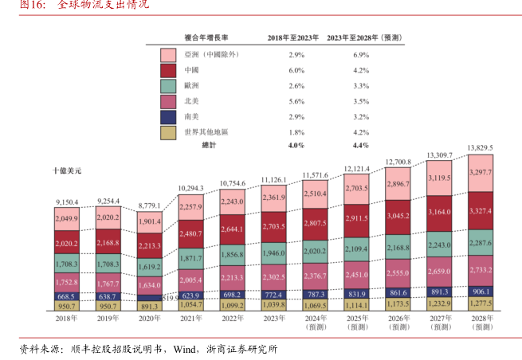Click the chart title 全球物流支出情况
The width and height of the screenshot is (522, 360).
[104, 6]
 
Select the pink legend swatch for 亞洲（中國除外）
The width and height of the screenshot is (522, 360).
[168, 54]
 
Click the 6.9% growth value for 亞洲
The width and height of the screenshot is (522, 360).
[360, 54]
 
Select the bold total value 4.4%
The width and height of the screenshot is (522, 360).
[360, 145]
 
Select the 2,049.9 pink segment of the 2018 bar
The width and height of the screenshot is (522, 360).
[68, 219]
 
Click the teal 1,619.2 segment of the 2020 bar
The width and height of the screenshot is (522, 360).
[150, 268]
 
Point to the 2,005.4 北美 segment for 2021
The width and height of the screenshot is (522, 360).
[190, 281]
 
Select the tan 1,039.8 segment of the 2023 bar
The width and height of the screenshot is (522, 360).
[273, 305]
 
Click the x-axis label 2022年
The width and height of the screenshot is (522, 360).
[232, 319]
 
